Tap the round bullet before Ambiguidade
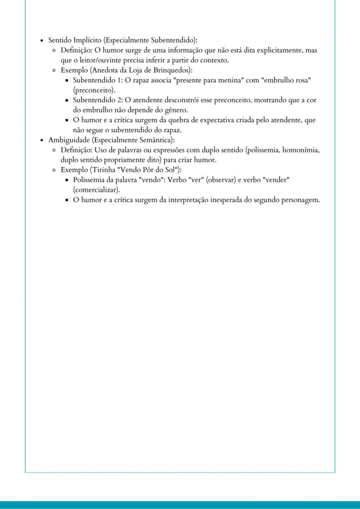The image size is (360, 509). pyautogui.click(x=41, y=140)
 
